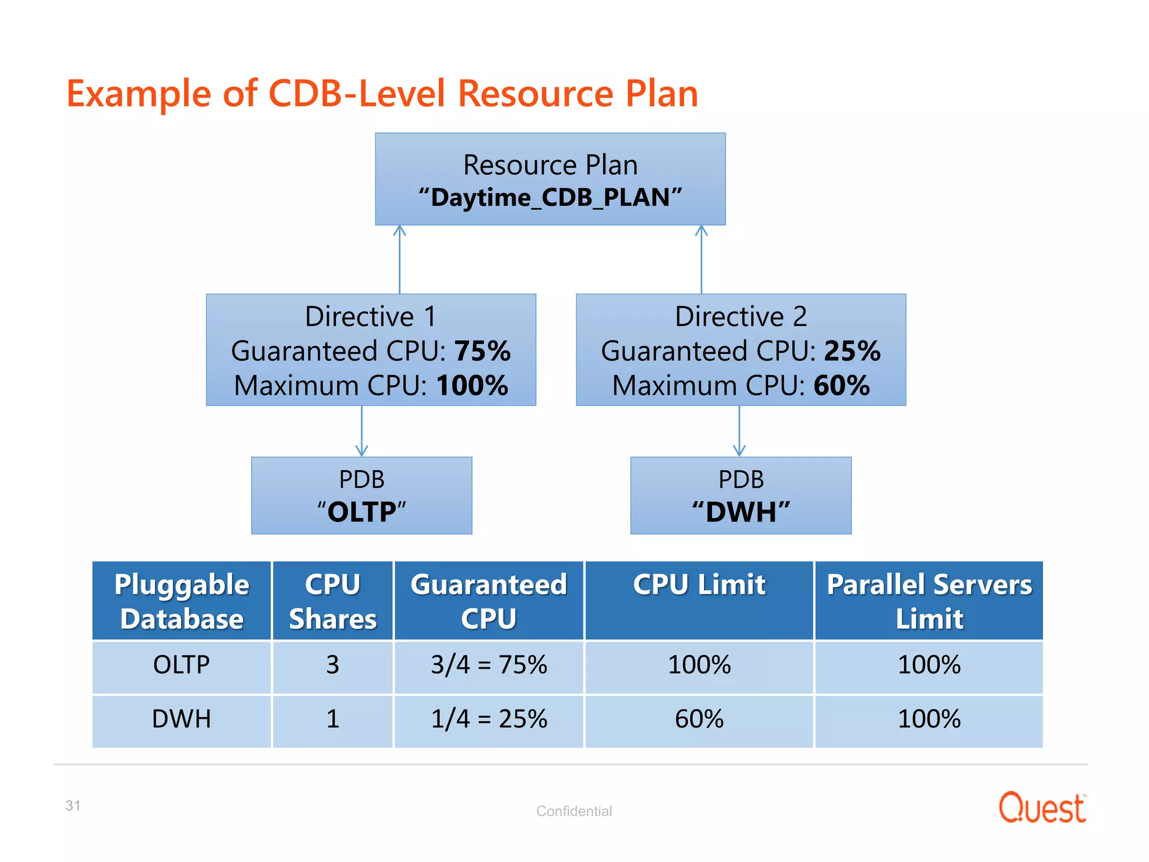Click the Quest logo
point(1042,808)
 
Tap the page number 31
point(73,805)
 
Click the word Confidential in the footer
point(574,811)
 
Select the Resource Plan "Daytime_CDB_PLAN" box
point(550,180)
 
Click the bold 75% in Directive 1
point(482,351)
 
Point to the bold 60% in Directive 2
point(842,386)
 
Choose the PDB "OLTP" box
point(361,496)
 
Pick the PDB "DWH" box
point(741,496)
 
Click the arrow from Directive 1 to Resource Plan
point(399,259)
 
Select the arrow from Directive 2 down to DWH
point(739,431)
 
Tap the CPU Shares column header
point(333,601)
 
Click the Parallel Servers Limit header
point(929,601)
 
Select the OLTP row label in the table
point(181,665)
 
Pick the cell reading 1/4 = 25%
point(489,719)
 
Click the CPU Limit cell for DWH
point(699,719)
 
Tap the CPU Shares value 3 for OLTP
point(333,665)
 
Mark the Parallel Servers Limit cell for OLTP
point(929,665)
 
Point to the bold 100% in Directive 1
point(472,386)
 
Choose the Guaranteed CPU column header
point(489,601)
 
